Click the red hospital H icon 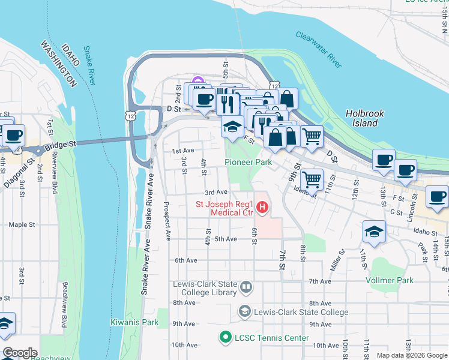coord(262,208)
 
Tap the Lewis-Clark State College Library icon coord(246,288)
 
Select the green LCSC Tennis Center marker coord(226,338)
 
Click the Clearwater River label coord(318,47)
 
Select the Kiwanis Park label coord(134,322)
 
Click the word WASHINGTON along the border coord(58,64)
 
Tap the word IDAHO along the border coord(70,55)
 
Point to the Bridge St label coord(60,145)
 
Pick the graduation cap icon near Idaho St coord(374,232)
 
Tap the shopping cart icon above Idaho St coord(312,178)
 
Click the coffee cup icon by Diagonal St coord(13,135)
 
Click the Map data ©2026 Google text coord(412,355)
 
